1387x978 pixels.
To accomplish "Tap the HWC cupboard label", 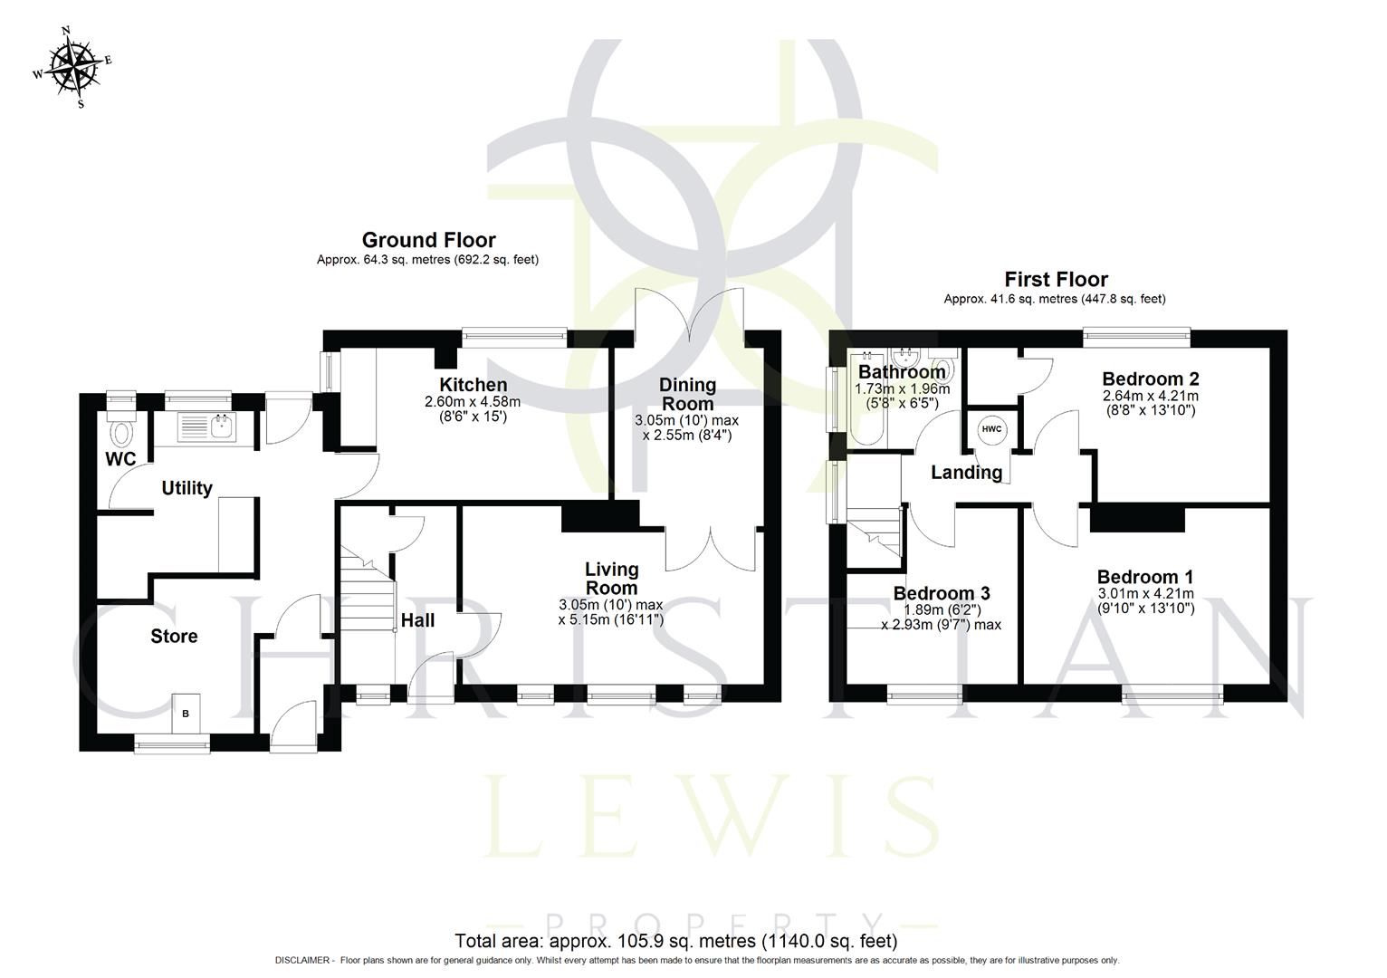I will (x=991, y=429).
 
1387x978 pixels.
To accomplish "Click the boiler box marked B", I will (x=186, y=714).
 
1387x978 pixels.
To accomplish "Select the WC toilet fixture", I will (x=120, y=433).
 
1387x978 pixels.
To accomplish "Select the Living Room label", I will (x=611, y=579).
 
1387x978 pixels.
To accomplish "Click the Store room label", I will (x=174, y=637).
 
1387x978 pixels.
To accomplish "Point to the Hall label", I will (x=417, y=620).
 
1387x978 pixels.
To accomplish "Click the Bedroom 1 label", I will (x=1144, y=577).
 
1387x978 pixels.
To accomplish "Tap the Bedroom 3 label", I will (x=941, y=593).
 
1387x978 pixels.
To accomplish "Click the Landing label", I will (x=966, y=472).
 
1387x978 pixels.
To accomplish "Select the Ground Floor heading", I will (x=428, y=240).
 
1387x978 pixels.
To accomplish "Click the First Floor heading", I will (x=1056, y=279).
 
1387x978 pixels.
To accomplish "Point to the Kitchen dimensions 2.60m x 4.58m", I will (x=473, y=402).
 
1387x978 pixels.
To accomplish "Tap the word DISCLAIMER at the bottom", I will (x=303, y=961).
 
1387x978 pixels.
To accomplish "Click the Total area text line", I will (x=675, y=941).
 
